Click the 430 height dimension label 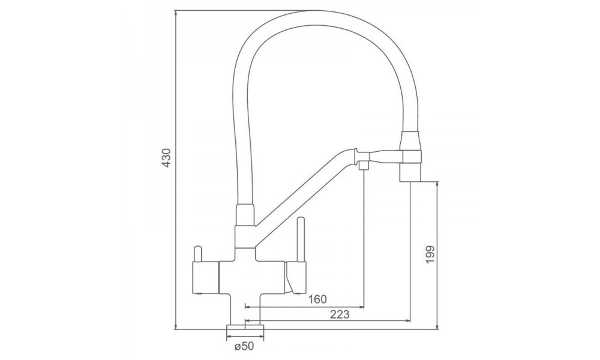(x=166, y=157)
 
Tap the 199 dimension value (x=430, y=254)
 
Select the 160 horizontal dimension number (x=317, y=299)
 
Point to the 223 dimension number (x=340, y=314)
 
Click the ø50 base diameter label (x=244, y=347)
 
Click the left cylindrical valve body (x=205, y=278)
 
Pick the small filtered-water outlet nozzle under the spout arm (x=364, y=166)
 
